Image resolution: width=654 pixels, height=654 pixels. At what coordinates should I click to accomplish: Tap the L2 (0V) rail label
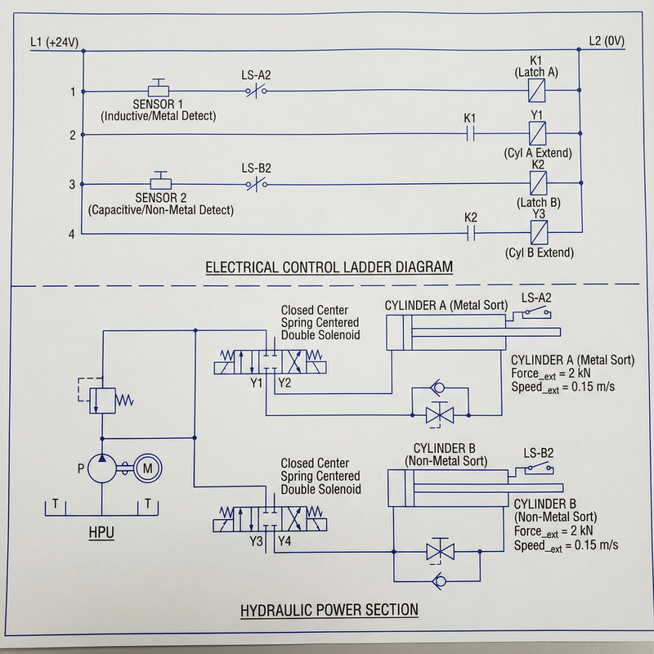tap(606, 42)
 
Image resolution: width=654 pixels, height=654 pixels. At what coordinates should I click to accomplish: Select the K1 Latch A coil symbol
tap(537, 91)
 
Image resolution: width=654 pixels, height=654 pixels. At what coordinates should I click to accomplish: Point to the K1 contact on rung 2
tap(470, 135)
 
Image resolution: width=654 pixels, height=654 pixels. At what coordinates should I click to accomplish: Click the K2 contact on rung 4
tap(470, 235)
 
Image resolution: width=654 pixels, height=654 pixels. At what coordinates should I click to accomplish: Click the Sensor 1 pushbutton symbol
tap(159, 87)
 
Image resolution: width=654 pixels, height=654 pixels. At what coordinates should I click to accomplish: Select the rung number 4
tap(73, 235)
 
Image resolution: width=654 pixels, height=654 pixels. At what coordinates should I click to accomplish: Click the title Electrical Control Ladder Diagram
tap(329, 267)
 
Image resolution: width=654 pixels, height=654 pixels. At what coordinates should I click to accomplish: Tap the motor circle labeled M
tap(148, 468)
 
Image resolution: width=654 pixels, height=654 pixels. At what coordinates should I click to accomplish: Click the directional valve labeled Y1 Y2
tap(270, 360)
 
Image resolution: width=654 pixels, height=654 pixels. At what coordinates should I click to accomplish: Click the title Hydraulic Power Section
tap(329, 610)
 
